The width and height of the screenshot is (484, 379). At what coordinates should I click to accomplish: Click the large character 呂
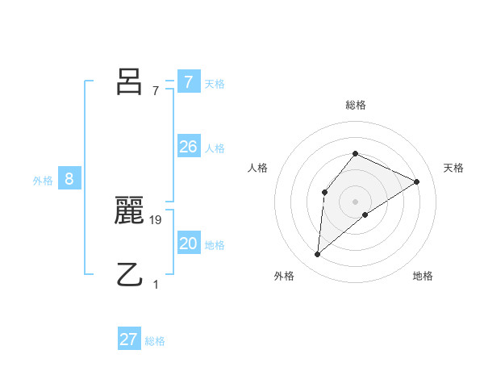pyautogui.click(x=129, y=82)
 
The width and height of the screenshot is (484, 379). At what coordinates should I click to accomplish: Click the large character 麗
pyautogui.click(x=129, y=211)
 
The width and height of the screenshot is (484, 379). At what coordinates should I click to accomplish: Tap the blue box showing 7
pyautogui.click(x=188, y=82)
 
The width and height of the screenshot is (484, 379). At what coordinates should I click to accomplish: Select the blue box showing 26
pyautogui.click(x=188, y=147)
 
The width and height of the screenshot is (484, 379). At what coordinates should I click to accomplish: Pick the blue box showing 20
pyautogui.click(x=188, y=244)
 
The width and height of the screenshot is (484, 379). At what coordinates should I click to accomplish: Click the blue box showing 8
pyautogui.click(x=69, y=179)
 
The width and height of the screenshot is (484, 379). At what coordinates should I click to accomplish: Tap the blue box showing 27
pyautogui.click(x=129, y=339)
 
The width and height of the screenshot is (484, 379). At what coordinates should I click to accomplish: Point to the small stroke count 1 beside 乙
pyautogui.click(x=156, y=285)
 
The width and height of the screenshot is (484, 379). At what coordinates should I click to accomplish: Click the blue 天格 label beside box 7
pyautogui.click(x=215, y=83)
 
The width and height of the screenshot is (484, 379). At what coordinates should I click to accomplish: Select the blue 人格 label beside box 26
pyautogui.click(x=215, y=148)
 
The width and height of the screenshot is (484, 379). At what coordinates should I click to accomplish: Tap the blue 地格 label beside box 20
pyautogui.click(x=215, y=245)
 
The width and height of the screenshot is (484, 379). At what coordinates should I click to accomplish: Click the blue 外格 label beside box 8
pyautogui.click(x=43, y=181)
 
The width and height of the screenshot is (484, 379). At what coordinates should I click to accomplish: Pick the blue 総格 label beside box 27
pyautogui.click(x=155, y=341)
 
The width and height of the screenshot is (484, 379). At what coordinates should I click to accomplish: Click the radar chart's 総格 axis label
pyautogui.click(x=355, y=105)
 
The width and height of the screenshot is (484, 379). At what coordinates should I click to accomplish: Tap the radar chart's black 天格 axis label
pyautogui.click(x=454, y=168)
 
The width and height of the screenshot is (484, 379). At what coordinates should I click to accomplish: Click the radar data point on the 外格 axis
pyautogui.click(x=318, y=255)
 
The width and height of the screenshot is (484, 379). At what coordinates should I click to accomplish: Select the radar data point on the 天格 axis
pyautogui.click(x=417, y=181)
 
